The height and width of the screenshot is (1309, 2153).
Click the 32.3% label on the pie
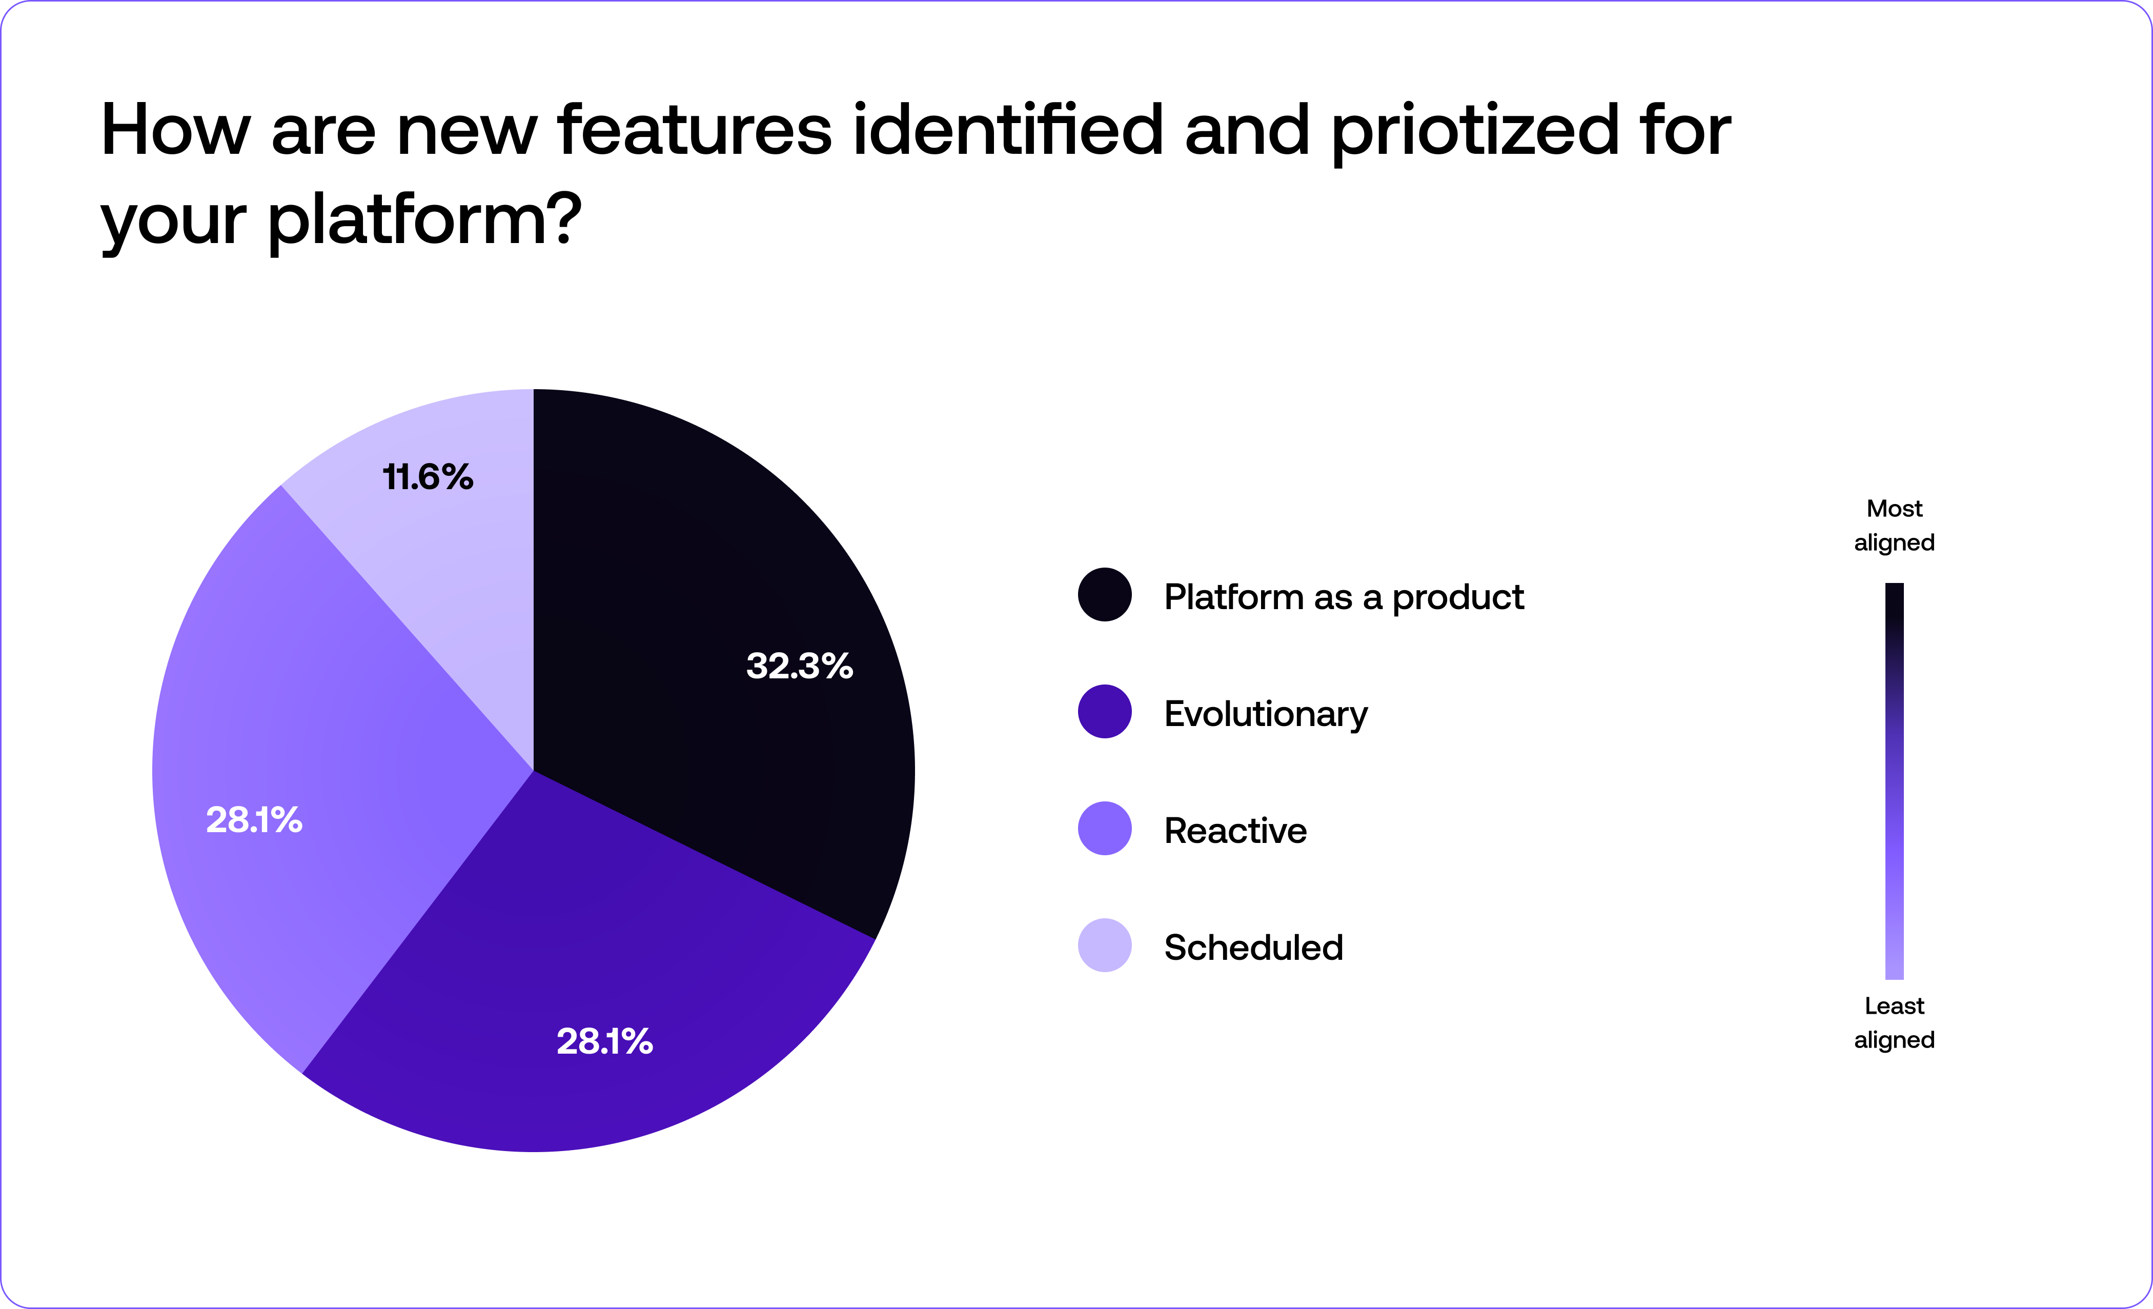799,666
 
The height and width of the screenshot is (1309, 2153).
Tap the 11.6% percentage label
428,477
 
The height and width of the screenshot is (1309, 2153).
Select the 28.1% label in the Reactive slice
253,820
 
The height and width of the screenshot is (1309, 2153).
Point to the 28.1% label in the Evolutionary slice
604,1041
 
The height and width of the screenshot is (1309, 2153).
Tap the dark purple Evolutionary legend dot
1105,711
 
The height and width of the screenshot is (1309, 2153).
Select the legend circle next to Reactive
1105,829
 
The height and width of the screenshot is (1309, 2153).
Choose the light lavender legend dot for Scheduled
1105,945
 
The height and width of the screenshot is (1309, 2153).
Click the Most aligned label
1894,525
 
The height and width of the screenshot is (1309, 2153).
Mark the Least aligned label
1894,1022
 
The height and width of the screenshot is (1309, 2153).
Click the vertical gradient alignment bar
1894,781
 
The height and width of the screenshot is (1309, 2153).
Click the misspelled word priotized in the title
1475,131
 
